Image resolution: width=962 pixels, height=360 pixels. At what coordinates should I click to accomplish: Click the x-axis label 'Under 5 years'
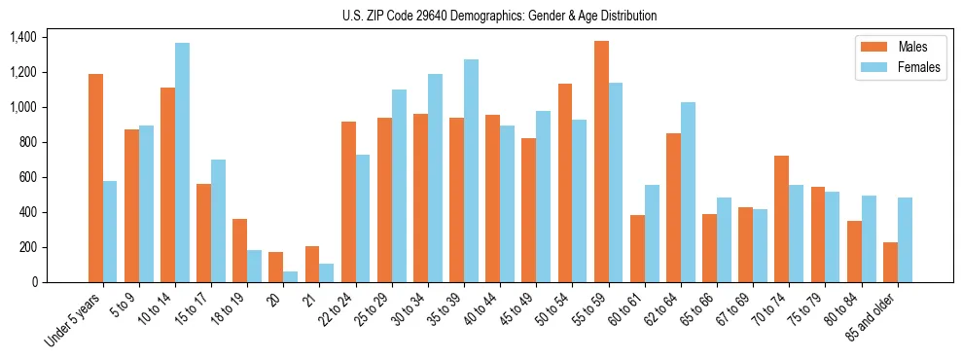click(x=74, y=321)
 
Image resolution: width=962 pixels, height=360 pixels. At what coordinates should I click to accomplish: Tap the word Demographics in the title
click(x=493, y=16)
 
